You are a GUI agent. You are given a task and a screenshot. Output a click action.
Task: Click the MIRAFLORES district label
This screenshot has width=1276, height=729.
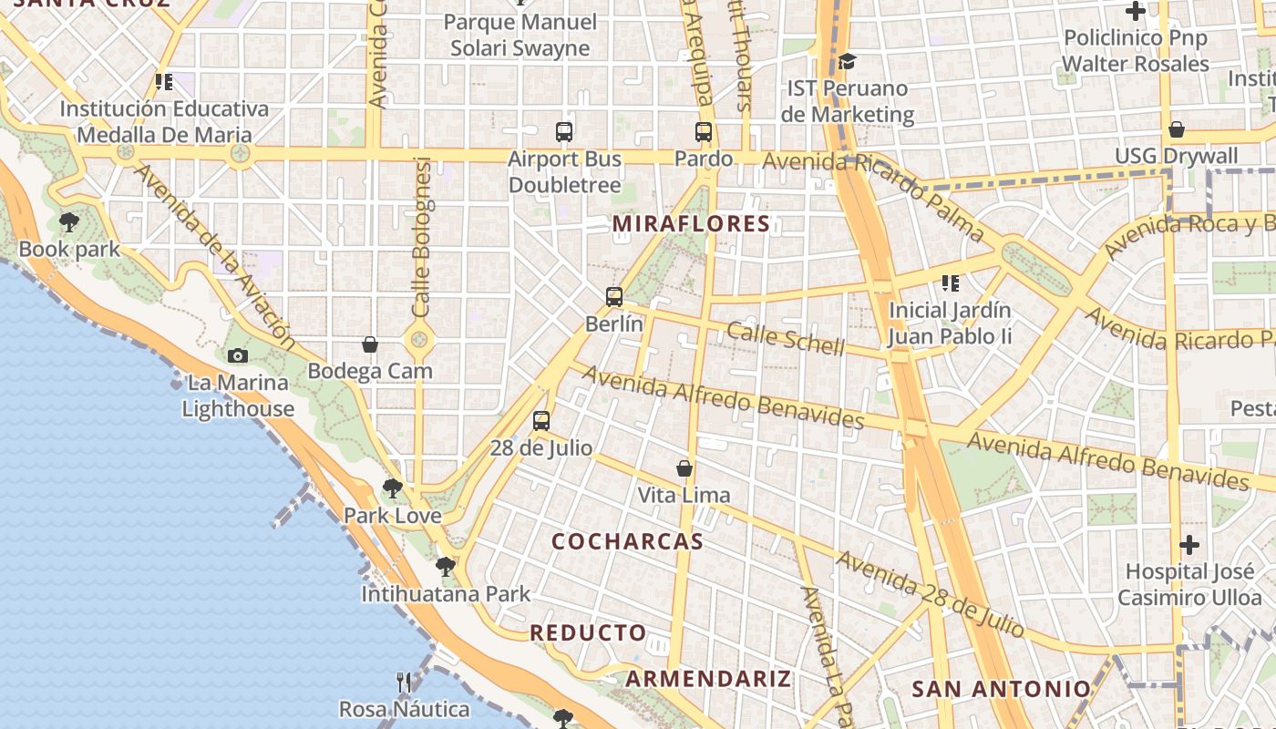coord(692,223)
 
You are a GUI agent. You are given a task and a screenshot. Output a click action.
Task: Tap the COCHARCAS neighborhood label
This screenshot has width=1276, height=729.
coord(628,541)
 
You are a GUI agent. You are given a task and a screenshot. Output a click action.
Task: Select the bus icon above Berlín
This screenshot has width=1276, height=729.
coord(614,296)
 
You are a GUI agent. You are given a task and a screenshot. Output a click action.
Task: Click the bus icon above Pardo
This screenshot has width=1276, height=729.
coord(704,131)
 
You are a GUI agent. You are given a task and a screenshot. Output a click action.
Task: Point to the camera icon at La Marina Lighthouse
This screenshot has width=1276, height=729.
coord(238,355)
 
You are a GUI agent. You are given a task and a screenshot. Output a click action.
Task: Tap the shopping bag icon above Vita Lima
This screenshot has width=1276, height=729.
coord(684,468)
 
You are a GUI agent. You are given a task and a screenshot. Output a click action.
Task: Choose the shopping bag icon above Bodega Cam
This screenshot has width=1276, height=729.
coord(370,344)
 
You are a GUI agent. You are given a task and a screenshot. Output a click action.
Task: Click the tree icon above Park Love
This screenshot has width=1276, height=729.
coord(393,488)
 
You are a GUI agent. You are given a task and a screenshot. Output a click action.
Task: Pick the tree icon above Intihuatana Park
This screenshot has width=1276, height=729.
coord(446,567)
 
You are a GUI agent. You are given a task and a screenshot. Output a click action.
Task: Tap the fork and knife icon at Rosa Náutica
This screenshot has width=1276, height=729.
coord(404,682)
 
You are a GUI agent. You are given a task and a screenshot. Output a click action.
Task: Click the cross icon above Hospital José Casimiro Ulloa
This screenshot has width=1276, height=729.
coord(1189,545)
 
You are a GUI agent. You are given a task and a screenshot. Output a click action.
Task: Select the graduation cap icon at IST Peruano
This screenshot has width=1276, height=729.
coord(848,62)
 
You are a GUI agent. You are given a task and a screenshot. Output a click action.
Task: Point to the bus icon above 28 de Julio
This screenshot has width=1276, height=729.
coord(541,421)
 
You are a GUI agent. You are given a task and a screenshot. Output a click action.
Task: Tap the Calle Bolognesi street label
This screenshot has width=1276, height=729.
coord(421,237)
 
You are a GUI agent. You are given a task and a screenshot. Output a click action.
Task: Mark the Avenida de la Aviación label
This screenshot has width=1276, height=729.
coord(216,257)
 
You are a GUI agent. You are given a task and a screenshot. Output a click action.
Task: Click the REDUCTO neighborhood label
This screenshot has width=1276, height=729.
coord(588,632)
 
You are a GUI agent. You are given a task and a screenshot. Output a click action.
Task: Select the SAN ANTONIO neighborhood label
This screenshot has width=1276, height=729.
coord(1001,689)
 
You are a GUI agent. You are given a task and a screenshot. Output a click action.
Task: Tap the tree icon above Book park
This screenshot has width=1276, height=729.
coord(68,221)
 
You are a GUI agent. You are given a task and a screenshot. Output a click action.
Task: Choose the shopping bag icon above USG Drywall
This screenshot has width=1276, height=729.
coord(1177,129)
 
